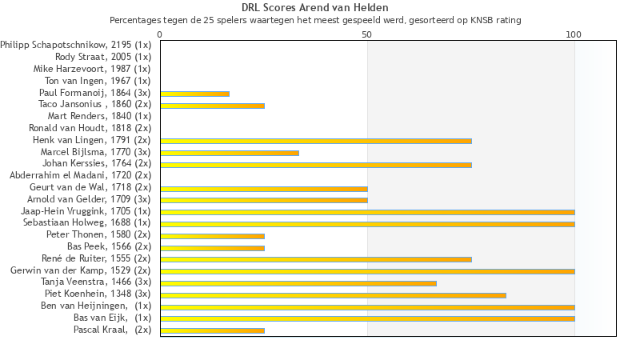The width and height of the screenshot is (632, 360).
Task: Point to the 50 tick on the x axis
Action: (x=367, y=34)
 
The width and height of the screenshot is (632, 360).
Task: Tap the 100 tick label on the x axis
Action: (x=574, y=34)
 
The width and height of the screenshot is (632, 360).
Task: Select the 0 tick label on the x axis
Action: (x=160, y=34)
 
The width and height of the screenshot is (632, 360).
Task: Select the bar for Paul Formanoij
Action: (x=194, y=94)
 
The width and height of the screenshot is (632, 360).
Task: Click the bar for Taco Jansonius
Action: (x=212, y=106)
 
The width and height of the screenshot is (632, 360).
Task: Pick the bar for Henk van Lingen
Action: (x=315, y=141)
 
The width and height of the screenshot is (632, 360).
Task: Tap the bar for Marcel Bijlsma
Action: (x=229, y=153)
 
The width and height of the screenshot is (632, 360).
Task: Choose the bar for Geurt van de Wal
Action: (x=263, y=189)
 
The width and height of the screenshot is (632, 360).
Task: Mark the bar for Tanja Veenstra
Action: (x=298, y=283)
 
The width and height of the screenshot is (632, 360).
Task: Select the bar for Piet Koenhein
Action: (x=332, y=295)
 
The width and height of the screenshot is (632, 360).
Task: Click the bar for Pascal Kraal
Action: (x=212, y=330)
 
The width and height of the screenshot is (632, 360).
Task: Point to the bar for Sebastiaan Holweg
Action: (x=366, y=224)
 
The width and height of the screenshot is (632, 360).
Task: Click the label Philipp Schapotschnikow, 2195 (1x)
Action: (x=75, y=46)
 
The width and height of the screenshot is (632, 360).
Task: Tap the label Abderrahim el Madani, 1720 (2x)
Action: (x=80, y=175)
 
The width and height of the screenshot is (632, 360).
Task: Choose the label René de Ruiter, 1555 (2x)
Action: (x=96, y=258)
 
